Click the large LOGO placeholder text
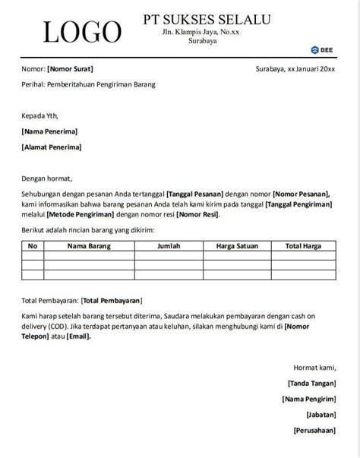(82, 32)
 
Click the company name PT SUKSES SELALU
(206, 19)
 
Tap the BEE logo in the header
(322, 50)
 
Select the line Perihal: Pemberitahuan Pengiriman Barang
(88, 84)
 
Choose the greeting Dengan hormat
(49, 180)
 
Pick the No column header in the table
(33, 246)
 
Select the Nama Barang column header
(89, 246)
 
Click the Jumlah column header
(169, 246)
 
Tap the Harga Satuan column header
(236, 246)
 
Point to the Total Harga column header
(303, 246)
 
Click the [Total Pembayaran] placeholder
(114, 301)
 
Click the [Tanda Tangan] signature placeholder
(311, 384)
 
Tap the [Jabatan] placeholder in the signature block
(321, 415)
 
